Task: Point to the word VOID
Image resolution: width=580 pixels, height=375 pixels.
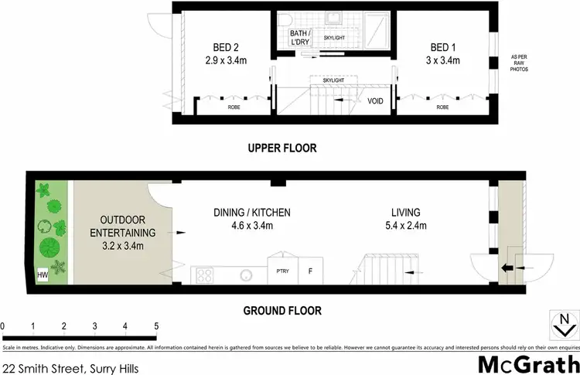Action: point(376,101)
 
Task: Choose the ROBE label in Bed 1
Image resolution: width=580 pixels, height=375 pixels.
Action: point(442,107)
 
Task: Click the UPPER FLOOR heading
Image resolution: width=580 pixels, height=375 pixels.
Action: point(282,148)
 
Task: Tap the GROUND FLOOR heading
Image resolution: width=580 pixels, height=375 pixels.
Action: point(281,312)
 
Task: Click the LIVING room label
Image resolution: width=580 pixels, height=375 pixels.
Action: point(405,212)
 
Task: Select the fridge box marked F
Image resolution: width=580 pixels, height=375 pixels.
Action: point(310,271)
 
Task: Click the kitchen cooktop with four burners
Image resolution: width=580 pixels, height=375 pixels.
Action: point(206,274)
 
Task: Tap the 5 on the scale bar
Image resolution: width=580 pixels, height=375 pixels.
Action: point(156,326)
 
